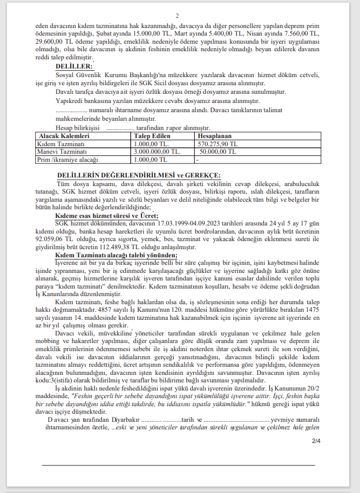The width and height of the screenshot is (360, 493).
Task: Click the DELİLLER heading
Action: [74, 65]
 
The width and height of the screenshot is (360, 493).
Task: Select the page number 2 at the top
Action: [176, 16]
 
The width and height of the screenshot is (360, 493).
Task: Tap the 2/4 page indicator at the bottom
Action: [316, 441]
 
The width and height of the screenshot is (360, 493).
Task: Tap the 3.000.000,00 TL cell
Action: [158, 152]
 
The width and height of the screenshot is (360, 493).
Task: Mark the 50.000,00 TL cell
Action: [218, 152]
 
